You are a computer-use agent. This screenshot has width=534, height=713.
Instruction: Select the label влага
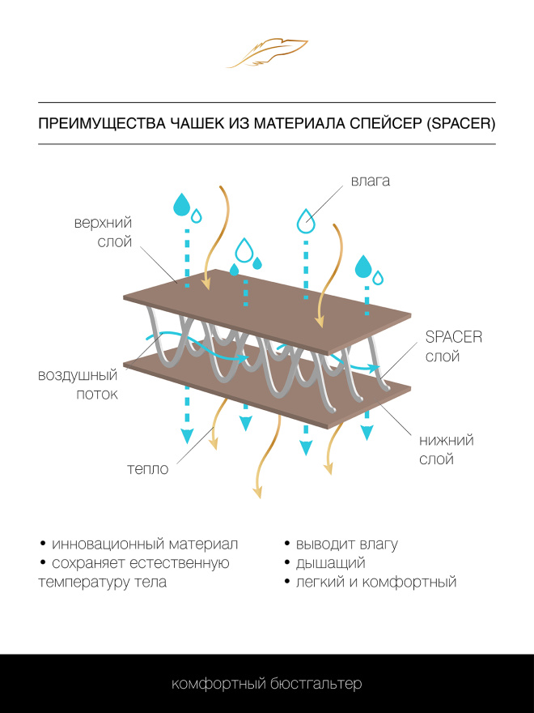coord(370,180)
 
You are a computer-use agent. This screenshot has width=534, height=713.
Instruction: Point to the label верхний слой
coord(102,232)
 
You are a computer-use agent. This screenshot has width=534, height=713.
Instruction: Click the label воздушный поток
coord(78,385)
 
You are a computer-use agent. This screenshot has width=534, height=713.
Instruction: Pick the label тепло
coord(147,469)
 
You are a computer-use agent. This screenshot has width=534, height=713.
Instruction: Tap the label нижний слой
coord(446,450)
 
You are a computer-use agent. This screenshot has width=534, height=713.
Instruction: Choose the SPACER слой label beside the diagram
coord(453,347)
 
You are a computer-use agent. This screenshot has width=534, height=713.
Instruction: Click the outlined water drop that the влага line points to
coord(305,220)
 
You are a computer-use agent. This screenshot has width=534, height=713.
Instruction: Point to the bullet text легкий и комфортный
coord(376,582)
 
